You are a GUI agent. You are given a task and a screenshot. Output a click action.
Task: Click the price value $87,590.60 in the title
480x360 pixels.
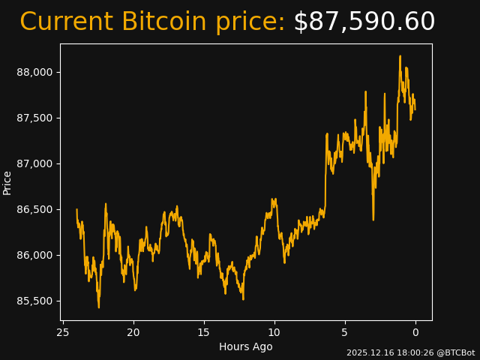(364, 22)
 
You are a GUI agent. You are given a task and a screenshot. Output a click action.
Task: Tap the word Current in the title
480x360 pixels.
(67, 22)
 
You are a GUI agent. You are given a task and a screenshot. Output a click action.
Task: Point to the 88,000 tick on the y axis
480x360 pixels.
(34, 72)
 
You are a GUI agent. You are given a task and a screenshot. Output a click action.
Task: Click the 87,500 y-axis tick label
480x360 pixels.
(34, 118)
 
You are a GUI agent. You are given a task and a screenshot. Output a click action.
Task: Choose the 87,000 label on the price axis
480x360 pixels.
(34, 163)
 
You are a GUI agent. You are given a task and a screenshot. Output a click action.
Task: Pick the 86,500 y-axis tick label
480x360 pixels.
(34, 209)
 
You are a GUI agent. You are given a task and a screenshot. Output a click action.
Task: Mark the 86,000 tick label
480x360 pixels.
(34, 255)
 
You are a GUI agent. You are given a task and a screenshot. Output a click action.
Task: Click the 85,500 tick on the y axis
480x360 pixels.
(34, 301)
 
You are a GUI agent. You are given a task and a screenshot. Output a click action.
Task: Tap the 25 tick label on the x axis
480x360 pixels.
(63, 332)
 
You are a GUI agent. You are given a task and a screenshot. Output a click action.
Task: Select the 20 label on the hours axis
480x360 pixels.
(133, 332)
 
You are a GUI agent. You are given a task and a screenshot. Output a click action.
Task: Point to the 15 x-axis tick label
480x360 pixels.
(204, 332)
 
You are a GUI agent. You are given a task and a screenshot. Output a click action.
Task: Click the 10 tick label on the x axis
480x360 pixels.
(274, 332)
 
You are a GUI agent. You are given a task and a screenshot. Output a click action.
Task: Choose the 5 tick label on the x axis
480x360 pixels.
(345, 332)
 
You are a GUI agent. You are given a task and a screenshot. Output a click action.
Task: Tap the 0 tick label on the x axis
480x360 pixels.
(415, 332)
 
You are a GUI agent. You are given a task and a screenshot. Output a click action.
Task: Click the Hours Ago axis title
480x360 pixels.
(246, 346)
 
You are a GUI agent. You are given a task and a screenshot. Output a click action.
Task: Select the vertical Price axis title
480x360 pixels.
(7, 182)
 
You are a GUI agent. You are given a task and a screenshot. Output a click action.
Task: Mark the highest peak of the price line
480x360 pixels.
(400, 56)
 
